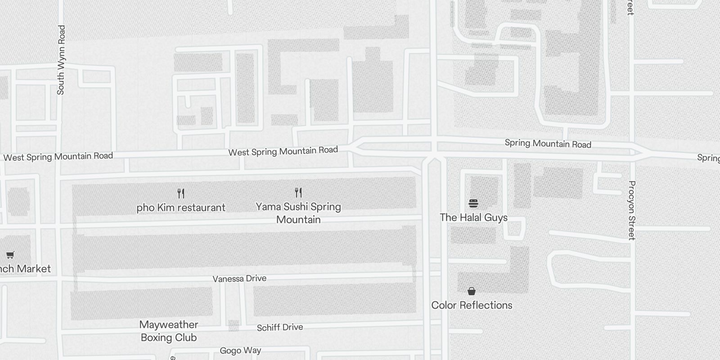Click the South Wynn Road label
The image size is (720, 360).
tap(61, 60)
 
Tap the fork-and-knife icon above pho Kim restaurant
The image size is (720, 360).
tap(181, 193)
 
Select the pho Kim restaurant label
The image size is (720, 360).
tap(181, 207)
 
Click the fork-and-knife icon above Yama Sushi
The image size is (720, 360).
tap(298, 193)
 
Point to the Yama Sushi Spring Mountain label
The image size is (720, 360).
tap(298, 213)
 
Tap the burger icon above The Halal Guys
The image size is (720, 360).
tap(473, 203)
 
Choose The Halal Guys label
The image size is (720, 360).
tap(473, 217)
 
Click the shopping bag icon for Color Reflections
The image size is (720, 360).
tap(471, 291)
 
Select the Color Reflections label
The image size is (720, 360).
tap(472, 305)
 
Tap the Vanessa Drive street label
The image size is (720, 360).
tap(239, 279)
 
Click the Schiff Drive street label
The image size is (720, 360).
tap(279, 327)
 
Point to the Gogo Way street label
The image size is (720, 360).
tap(240, 351)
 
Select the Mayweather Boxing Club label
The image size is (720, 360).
tap(169, 331)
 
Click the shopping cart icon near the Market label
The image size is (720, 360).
tap(10, 255)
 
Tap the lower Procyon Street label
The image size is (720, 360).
tap(632, 210)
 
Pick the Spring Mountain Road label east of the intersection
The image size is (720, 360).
tap(548, 144)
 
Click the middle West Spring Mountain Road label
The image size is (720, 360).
tap(283, 151)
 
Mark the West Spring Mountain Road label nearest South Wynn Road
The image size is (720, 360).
tap(58, 157)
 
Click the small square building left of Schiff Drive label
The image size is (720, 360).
tap(234, 325)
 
